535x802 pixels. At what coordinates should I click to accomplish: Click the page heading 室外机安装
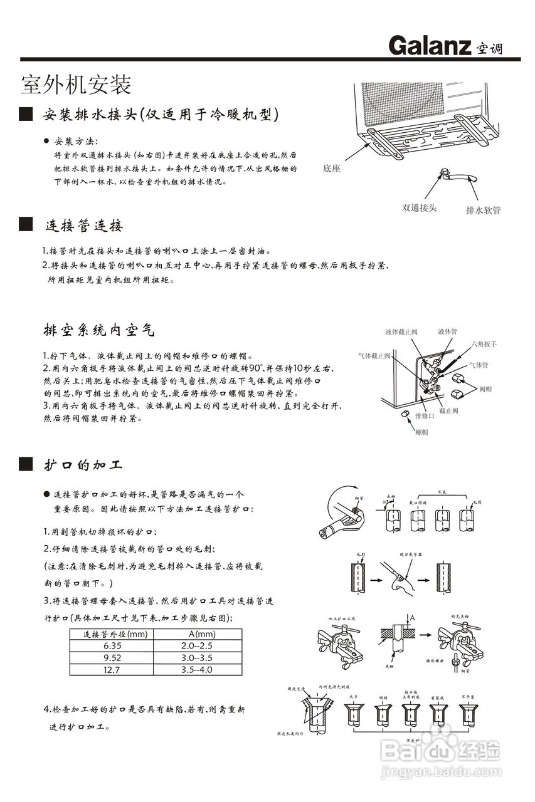[x=76, y=83]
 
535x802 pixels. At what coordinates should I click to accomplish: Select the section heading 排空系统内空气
[x=98, y=330]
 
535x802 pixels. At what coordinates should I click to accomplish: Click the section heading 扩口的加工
[x=83, y=465]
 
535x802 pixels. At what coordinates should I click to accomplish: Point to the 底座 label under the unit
[x=332, y=169]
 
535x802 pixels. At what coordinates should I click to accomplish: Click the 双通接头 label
[x=419, y=208]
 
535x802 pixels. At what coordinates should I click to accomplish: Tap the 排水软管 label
[x=483, y=211]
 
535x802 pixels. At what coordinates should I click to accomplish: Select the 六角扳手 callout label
[x=484, y=344]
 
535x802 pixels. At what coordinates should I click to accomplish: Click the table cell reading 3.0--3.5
[x=196, y=658]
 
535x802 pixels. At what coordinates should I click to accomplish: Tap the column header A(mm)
[x=196, y=634]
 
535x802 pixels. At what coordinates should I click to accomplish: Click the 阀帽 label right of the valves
[x=485, y=389]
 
